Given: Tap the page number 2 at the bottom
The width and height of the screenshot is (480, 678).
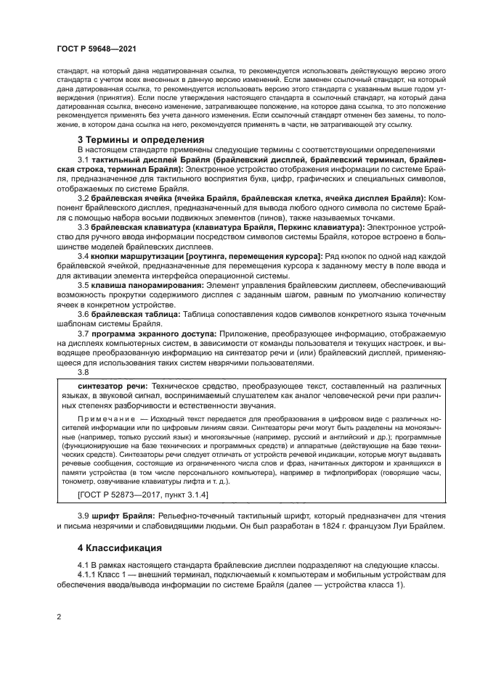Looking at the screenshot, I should [58, 617].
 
